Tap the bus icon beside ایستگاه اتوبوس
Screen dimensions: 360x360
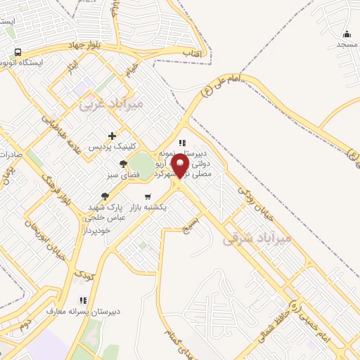click(18, 52)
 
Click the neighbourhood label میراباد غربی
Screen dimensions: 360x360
click(111, 104)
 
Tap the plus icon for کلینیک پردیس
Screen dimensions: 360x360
click(112, 135)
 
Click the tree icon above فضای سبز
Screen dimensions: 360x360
click(123, 164)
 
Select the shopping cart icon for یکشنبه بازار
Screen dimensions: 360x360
click(147, 196)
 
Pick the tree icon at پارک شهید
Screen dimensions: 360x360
click(105, 196)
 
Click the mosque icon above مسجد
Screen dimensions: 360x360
click(347, 34)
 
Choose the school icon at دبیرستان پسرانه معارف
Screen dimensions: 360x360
click(84, 300)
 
